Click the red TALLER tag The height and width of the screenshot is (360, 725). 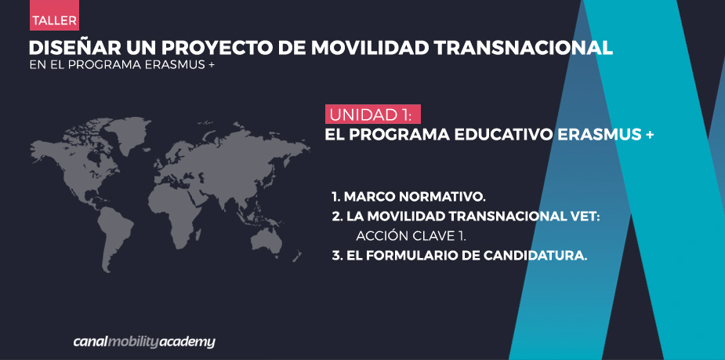click(x=54, y=15)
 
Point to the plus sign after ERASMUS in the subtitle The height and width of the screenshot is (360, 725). click(x=212, y=65)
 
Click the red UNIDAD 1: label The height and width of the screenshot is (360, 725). click(x=372, y=114)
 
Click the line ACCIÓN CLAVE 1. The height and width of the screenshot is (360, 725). click(x=411, y=236)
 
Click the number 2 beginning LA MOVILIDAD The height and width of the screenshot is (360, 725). click(x=335, y=216)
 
